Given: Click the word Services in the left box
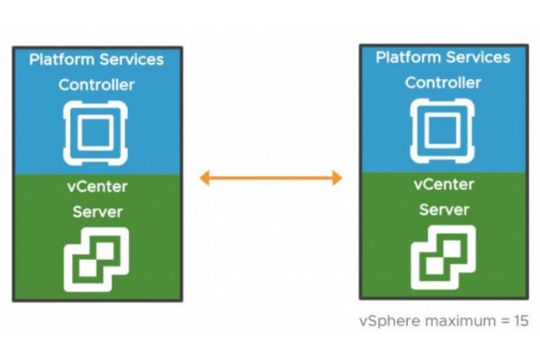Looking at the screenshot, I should (129, 60).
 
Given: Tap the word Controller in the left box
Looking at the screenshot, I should (96, 84).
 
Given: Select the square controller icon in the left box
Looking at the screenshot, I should (96, 128).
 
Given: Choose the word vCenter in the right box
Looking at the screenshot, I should (443, 185).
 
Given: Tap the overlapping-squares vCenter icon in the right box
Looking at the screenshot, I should (443, 255).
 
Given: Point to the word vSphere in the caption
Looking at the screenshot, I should (385, 321).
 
